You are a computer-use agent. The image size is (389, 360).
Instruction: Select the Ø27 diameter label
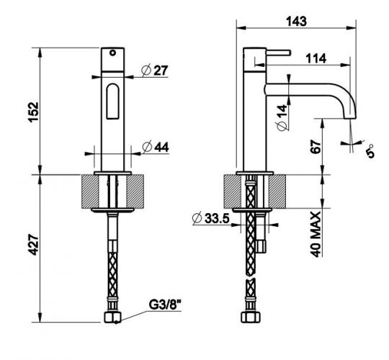tap(154, 70)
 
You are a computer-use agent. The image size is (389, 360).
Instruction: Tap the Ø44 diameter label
tap(155, 147)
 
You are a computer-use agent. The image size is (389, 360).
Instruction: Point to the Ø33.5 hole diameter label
tap(210, 218)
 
